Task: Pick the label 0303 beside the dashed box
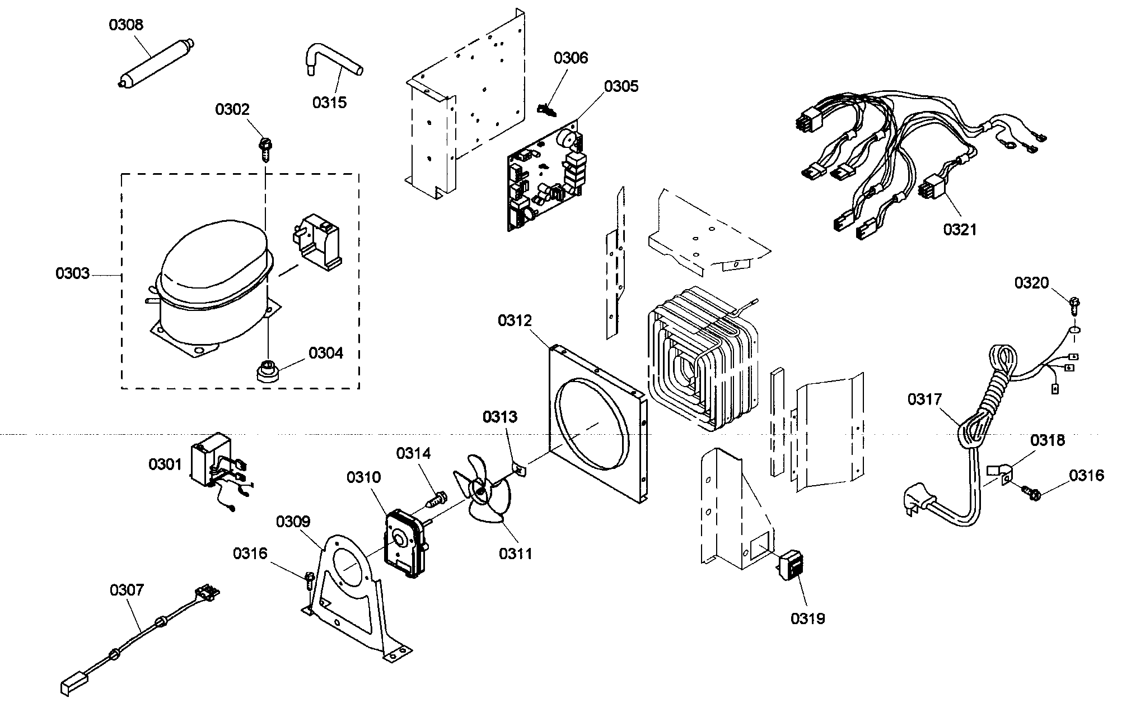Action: tap(72, 273)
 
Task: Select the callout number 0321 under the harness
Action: tap(960, 229)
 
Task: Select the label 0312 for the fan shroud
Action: tap(515, 320)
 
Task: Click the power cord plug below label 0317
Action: tap(918, 502)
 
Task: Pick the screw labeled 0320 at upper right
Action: tap(1074, 306)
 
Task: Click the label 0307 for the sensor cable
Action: tap(127, 590)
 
